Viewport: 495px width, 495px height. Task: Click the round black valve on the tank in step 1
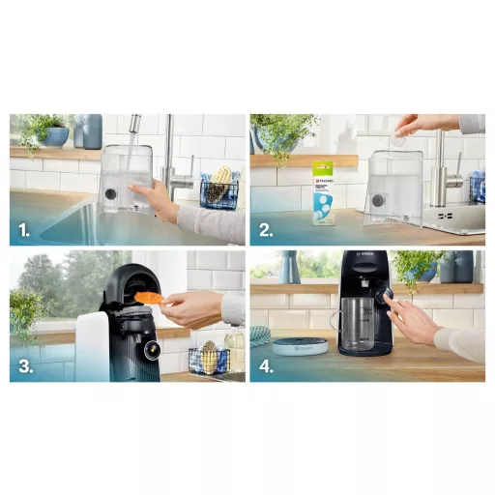click(110, 193)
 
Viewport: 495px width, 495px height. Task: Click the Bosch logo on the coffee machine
click(368, 258)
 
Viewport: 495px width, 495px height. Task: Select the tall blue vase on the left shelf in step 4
click(290, 267)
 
